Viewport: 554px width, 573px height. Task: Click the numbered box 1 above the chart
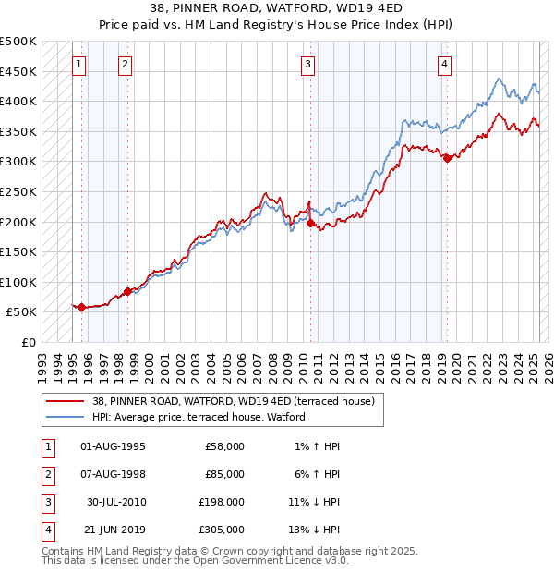coord(79,64)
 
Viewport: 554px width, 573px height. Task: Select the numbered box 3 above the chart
coord(307,64)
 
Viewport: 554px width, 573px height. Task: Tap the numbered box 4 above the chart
coord(444,64)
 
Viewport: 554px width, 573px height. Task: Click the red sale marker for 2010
coord(310,223)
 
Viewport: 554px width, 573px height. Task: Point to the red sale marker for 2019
coord(447,158)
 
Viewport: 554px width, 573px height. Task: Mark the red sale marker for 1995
coord(81,307)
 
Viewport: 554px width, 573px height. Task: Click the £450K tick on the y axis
coord(18,71)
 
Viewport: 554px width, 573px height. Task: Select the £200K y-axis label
coord(18,222)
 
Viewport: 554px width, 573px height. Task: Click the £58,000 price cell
coord(224,446)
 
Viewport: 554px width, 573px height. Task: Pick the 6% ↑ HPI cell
coord(319,474)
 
